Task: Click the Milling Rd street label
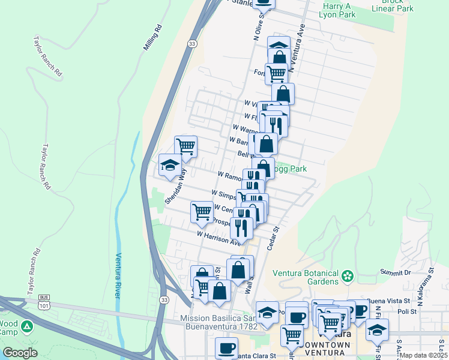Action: [x=154, y=38]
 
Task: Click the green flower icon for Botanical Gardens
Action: [x=347, y=277]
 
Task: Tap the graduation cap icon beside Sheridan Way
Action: [x=170, y=165]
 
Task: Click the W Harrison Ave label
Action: [x=219, y=237]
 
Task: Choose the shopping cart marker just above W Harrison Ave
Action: [x=202, y=211]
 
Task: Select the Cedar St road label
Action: [x=274, y=238]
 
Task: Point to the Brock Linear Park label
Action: [x=397, y=5]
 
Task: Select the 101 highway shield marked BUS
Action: [x=44, y=301]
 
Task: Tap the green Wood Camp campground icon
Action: [x=26, y=327]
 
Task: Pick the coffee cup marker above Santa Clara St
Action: [x=227, y=347]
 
